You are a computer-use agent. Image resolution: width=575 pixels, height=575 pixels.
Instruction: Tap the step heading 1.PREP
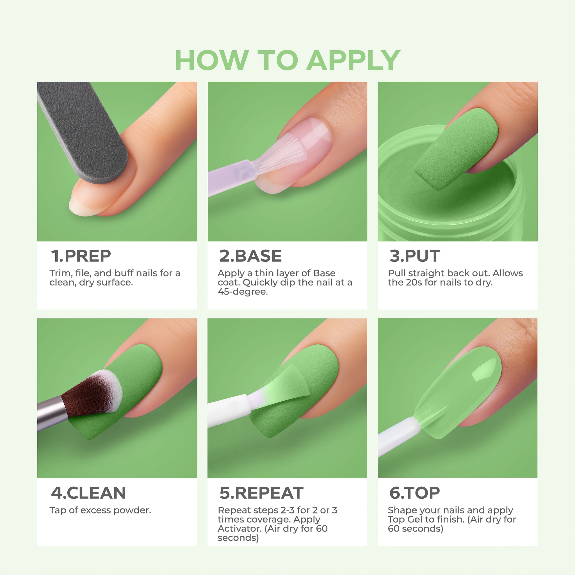tap(81, 256)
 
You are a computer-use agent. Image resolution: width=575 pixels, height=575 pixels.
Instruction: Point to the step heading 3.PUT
tap(415, 256)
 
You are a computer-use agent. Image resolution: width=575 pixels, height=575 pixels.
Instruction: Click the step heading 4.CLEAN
tap(88, 493)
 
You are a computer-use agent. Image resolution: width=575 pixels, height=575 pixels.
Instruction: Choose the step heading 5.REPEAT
tap(261, 493)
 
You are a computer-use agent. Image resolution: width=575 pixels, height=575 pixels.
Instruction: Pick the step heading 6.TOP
tap(415, 493)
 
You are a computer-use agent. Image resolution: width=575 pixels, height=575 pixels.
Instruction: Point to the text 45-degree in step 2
tap(243, 292)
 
